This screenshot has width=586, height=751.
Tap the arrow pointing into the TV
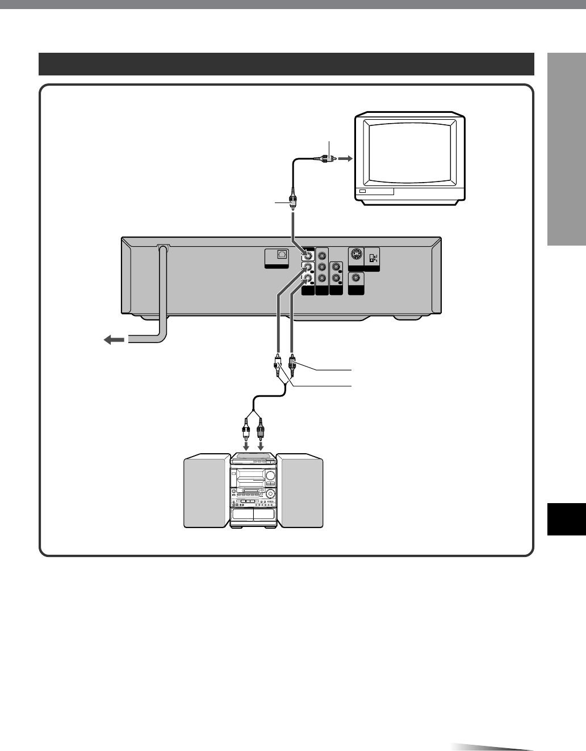[x=345, y=159]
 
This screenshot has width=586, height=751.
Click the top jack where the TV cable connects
[x=308, y=256]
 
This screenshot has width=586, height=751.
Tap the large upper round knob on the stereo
[x=269, y=475]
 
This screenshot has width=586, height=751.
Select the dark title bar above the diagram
[x=286, y=64]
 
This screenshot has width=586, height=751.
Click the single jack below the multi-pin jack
[x=357, y=279]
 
